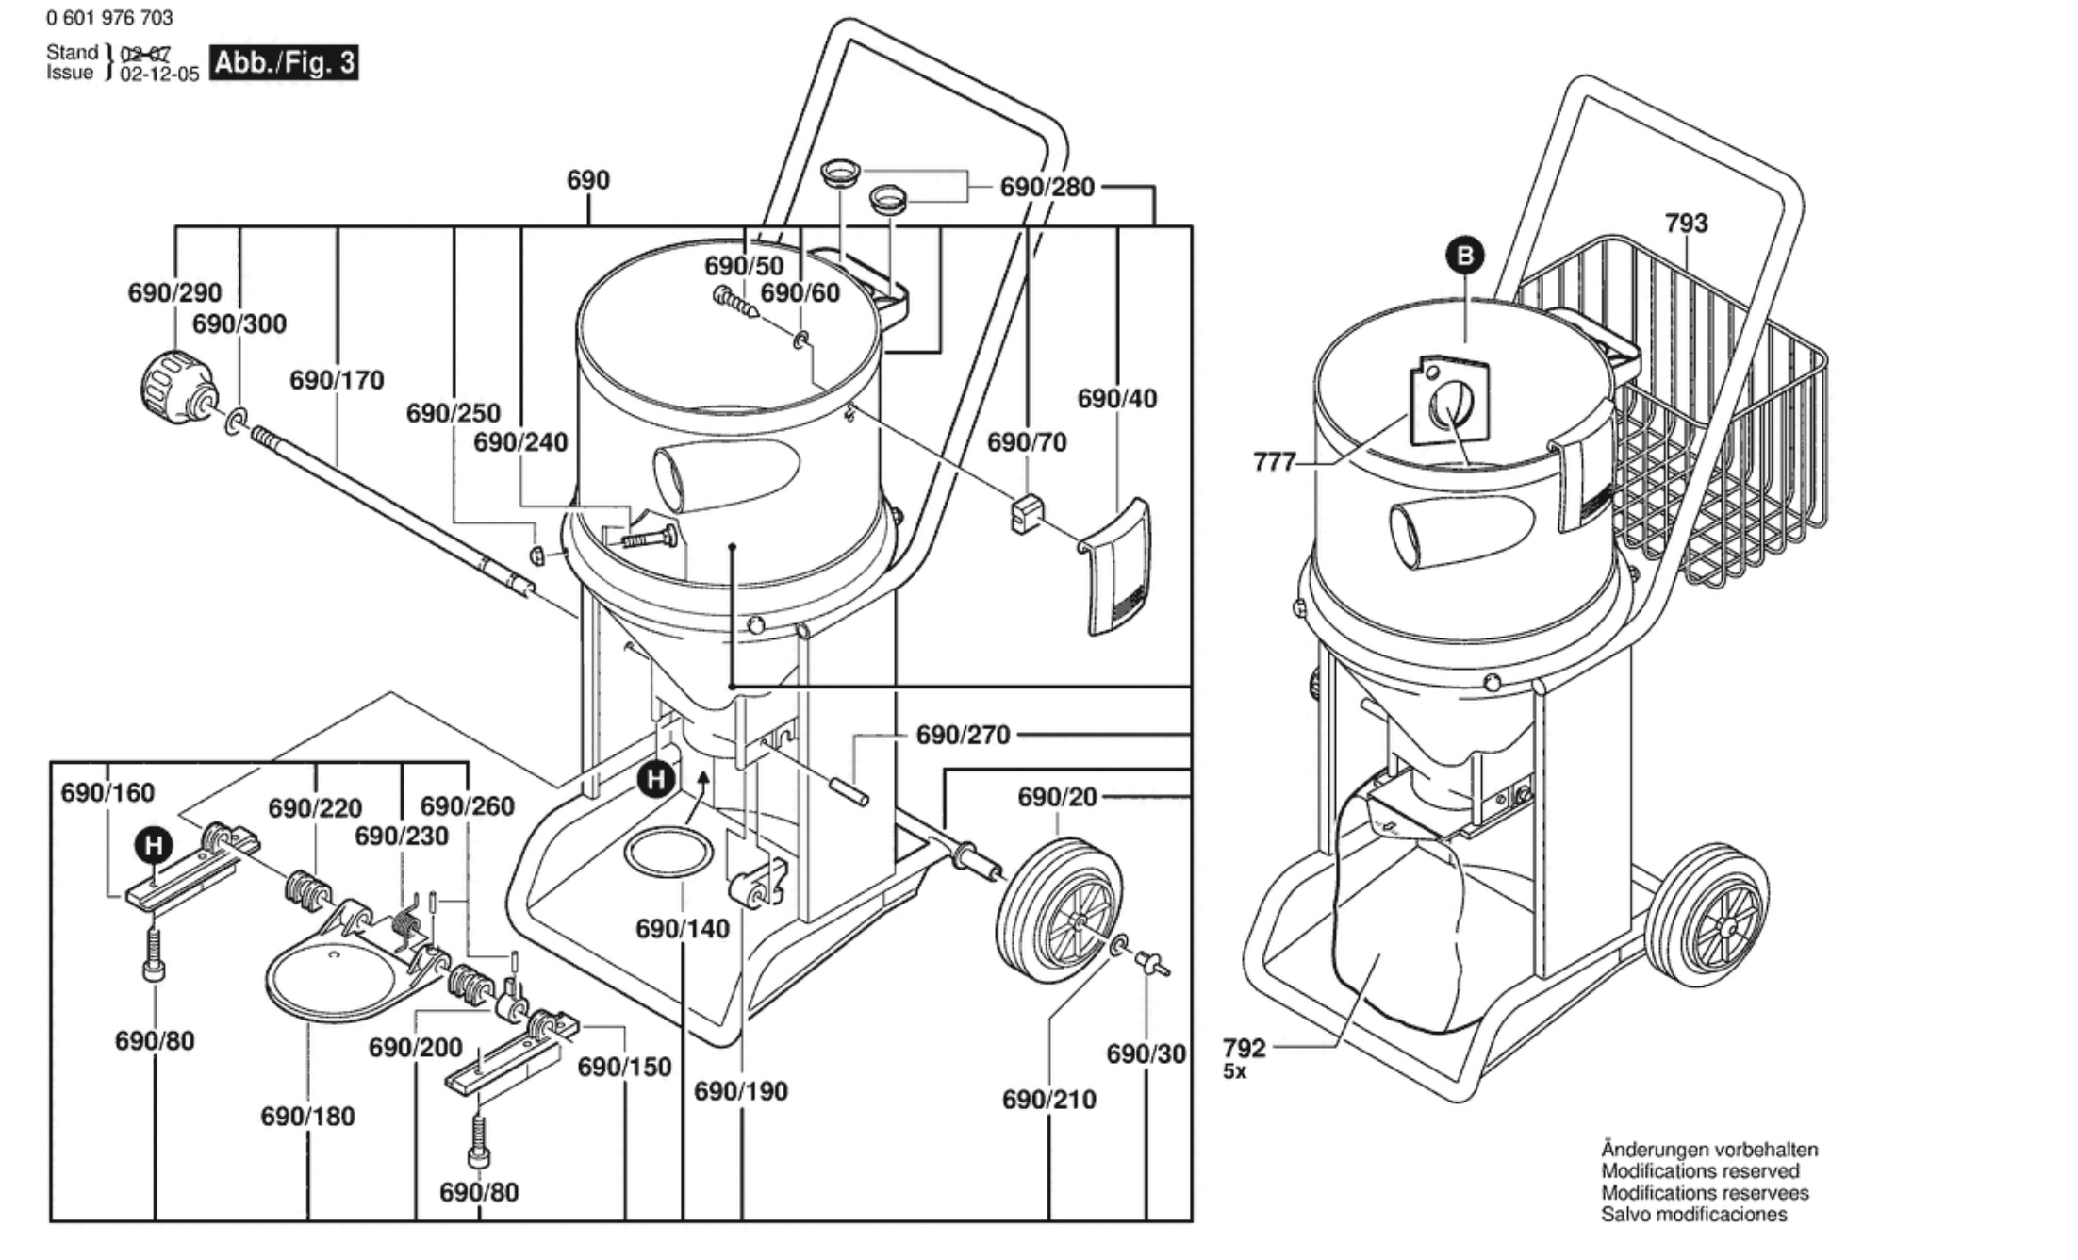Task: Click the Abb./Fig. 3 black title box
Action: [x=284, y=63]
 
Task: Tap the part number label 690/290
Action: [x=174, y=293]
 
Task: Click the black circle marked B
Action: [x=1465, y=256]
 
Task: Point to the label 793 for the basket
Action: [x=1686, y=224]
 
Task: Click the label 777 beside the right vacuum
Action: [x=1275, y=462]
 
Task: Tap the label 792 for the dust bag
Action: [x=1245, y=1048]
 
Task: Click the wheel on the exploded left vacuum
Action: [x=1058, y=907]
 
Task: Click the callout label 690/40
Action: [x=1117, y=399]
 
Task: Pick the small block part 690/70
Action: [x=1026, y=512]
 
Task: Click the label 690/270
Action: [x=963, y=735]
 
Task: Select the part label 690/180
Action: [x=308, y=1117]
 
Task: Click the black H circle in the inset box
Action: [x=154, y=846]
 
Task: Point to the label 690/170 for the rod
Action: [x=337, y=381]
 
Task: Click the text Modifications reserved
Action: [x=1700, y=1171]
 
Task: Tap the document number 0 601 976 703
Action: [x=109, y=18]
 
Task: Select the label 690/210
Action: [x=1049, y=1100]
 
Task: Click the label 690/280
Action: [x=1047, y=188]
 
